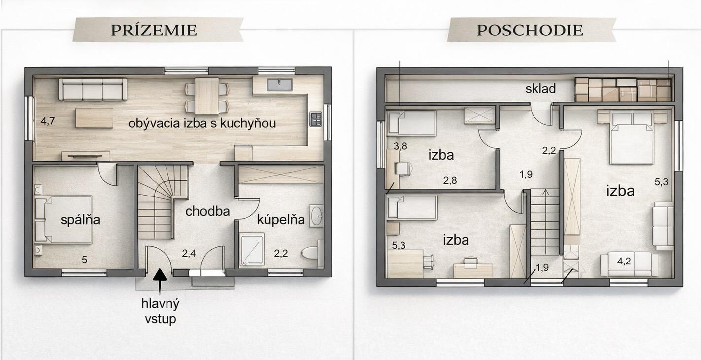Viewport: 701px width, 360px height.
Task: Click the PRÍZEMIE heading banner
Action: click(158, 30)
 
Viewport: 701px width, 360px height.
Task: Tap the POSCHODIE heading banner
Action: click(532, 30)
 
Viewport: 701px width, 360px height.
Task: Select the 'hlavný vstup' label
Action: click(160, 311)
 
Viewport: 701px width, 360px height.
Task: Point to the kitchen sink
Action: click(279, 84)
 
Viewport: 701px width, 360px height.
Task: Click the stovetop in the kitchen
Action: click(316, 119)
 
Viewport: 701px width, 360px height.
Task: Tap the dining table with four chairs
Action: click(206, 96)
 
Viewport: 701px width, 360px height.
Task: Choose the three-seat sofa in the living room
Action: click(93, 90)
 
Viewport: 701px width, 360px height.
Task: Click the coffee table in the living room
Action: click(94, 118)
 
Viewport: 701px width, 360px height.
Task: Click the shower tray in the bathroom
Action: click(252, 251)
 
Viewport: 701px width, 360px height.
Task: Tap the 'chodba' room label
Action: click(207, 211)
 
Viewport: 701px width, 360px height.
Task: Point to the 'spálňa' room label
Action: click(80, 220)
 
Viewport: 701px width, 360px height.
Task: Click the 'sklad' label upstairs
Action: click(540, 89)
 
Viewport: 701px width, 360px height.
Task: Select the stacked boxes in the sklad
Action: click(623, 90)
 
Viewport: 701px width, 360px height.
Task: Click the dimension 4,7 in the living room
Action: click(48, 121)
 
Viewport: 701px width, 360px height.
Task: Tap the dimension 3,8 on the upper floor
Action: click(401, 146)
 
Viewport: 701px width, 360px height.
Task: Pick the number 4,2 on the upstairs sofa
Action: click(624, 261)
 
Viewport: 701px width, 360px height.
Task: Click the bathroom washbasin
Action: click(317, 216)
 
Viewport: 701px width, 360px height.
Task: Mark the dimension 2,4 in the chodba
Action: click(189, 253)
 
